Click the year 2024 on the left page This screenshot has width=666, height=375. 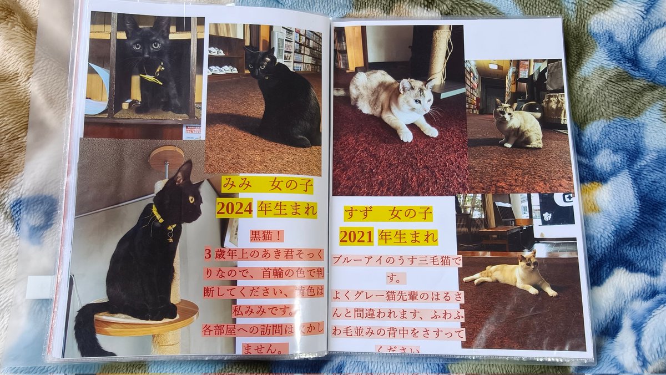pos(234,209)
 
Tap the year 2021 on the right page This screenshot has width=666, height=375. pos(356,237)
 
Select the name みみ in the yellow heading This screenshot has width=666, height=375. pos(235,185)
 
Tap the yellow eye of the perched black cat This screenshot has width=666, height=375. pos(192,199)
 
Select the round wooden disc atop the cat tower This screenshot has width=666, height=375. pos(167,155)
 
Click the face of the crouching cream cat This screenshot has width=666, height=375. pos(413,95)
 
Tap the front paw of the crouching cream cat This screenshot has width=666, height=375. pos(406,135)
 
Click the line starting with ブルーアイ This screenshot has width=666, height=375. pos(396,261)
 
